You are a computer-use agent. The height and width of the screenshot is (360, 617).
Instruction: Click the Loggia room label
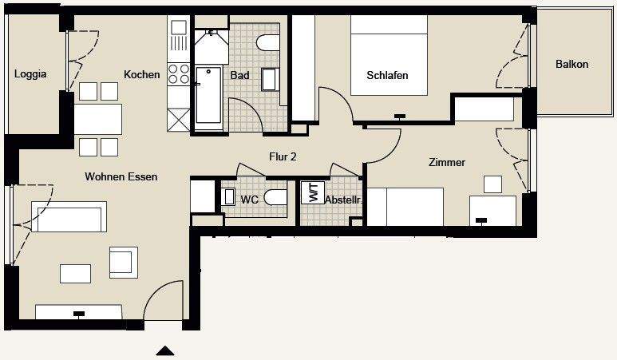point(30,75)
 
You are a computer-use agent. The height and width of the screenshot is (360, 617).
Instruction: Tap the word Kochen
point(141,75)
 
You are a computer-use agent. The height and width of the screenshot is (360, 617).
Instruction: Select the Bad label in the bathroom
point(239,76)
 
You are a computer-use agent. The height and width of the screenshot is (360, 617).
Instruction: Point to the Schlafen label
point(387,76)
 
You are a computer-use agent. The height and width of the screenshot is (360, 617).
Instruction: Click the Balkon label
point(572,64)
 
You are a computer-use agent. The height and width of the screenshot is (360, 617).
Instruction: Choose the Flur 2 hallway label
point(283,157)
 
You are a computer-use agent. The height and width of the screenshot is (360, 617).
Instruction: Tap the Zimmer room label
point(446,163)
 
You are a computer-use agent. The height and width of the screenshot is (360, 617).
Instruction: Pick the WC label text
point(249,200)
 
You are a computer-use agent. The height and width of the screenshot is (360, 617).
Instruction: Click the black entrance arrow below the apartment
point(165,350)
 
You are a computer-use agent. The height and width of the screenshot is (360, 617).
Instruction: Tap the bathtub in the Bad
point(208,96)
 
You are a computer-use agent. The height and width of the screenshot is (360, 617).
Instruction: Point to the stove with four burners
point(177,75)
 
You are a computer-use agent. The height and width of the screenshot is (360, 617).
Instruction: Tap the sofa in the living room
point(69,217)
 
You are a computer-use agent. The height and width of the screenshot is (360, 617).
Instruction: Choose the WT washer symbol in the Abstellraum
point(313,193)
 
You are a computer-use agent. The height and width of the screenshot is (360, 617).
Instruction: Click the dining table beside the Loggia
point(98,119)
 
